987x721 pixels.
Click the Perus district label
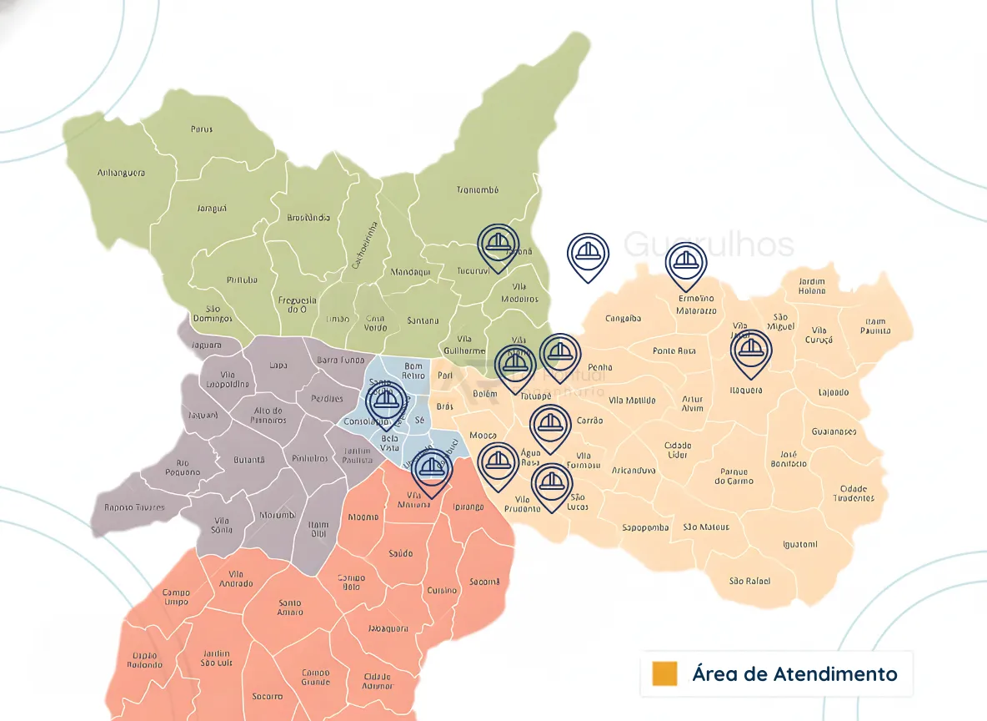pyautogui.click(x=201, y=129)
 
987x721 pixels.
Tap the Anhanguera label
pyautogui.click(x=121, y=173)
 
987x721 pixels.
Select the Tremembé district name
pyautogui.click(x=477, y=189)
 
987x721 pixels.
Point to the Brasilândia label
pyautogui.click(x=308, y=218)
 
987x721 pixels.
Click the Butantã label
pyautogui.click(x=248, y=459)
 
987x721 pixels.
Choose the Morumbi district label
pyautogui.click(x=277, y=515)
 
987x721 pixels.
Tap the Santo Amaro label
pyautogui.click(x=290, y=607)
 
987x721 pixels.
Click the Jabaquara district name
pyautogui.click(x=388, y=628)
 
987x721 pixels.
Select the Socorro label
pyautogui.click(x=267, y=696)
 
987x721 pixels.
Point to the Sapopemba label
pyautogui.click(x=645, y=527)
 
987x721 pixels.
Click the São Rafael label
pyautogui.click(x=749, y=581)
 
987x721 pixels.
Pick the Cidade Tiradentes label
pyautogui.click(x=854, y=493)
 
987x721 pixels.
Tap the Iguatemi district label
pyautogui.click(x=800, y=544)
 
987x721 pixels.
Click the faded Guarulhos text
pyautogui.click(x=709, y=245)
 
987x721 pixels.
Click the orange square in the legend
pyautogui.click(x=664, y=673)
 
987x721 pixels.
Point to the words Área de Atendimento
pyautogui.click(x=794, y=673)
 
